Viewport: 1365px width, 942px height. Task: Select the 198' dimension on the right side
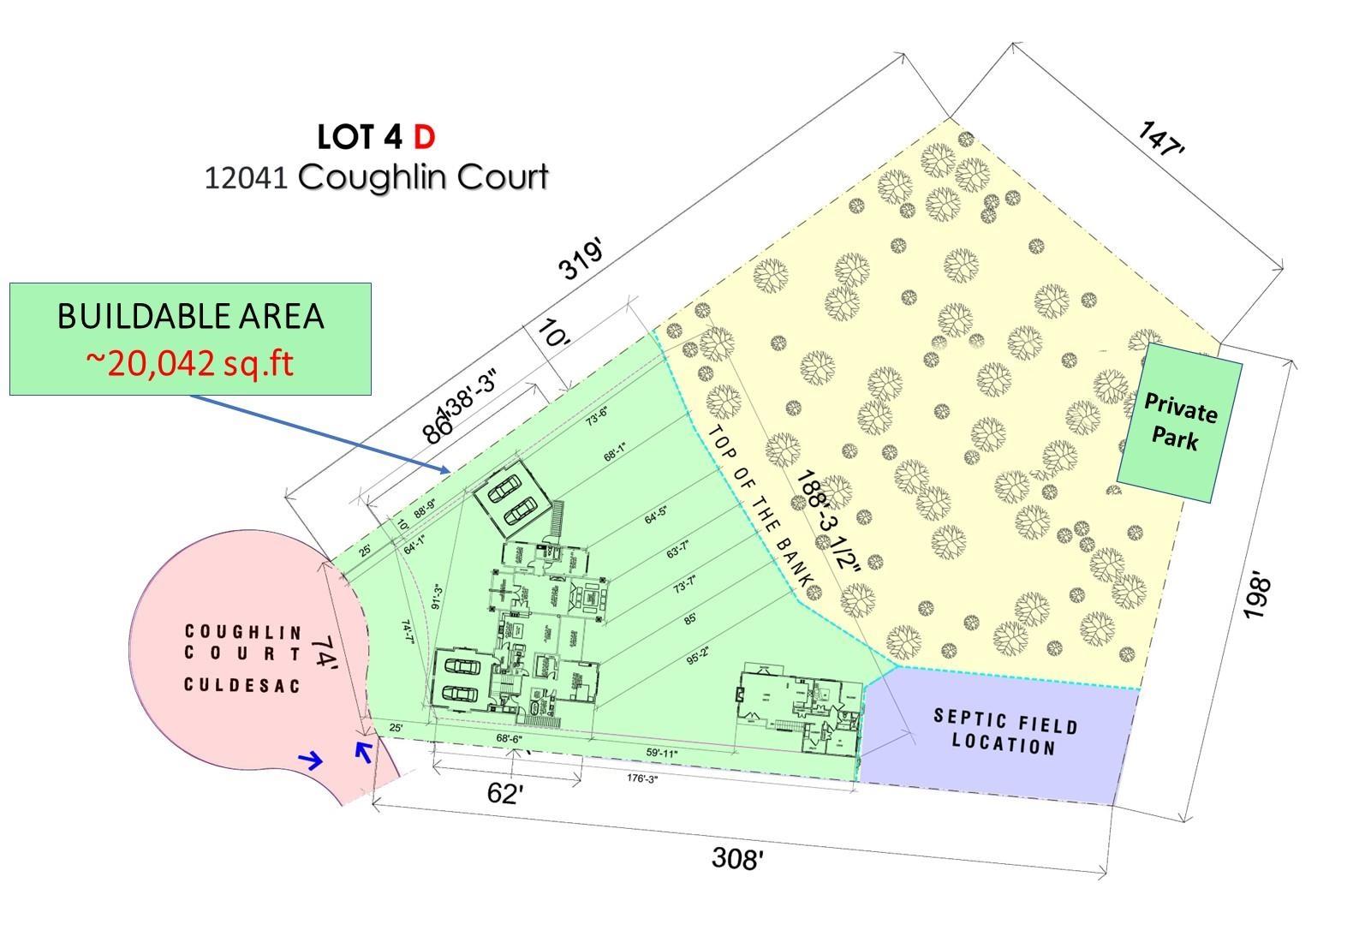pyautogui.click(x=1256, y=599)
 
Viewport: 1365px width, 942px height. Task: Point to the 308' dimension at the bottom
pyautogui.click(x=736, y=857)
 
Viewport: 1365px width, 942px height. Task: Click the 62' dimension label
pyautogui.click(x=504, y=794)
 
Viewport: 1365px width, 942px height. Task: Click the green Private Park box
pyautogui.click(x=1179, y=423)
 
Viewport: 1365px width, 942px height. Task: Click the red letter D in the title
pyautogui.click(x=424, y=136)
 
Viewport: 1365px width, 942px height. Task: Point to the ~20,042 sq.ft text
pyautogui.click(x=189, y=363)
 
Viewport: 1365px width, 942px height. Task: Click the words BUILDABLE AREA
pyautogui.click(x=190, y=316)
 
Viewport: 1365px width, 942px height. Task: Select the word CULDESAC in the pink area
pyautogui.click(x=242, y=685)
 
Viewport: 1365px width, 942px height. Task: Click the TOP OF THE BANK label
pyautogui.click(x=761, y=506)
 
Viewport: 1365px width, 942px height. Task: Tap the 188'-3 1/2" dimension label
pyautogui.click(x=826, y=530)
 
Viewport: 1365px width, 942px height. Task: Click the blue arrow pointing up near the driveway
pyautogui.click(x=363, y=751)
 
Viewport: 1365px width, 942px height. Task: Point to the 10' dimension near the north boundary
pyautogui.click(x=552, y=334)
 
